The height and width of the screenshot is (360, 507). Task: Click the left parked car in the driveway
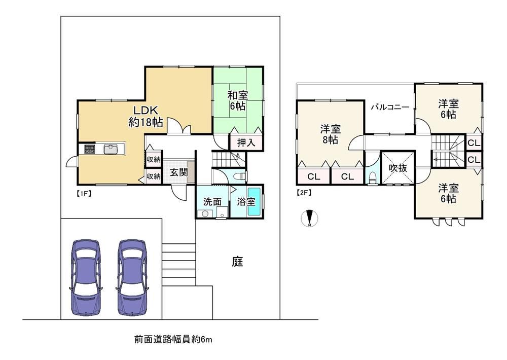click(86, 277)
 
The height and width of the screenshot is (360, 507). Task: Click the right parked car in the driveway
click(132, 277)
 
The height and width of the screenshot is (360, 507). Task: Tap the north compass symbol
click(310, 219)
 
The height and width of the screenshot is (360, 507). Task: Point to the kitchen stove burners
click(90, 149)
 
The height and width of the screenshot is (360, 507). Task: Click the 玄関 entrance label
click(179, 172)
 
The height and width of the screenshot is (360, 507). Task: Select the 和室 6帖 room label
click(238, 100)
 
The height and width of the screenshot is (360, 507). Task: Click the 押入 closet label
click(246, 142)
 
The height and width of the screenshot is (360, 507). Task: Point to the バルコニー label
click(390, 107)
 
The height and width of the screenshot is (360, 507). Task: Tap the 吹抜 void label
click(397, 168)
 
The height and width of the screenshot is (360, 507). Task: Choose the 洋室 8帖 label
click(331, 134)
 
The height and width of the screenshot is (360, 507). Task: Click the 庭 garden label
click(237, 261)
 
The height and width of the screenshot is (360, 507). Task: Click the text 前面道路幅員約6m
click(173, 340)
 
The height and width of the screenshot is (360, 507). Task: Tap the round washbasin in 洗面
click(204, 213)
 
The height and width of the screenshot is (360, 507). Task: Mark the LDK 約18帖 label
click(146, 116)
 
